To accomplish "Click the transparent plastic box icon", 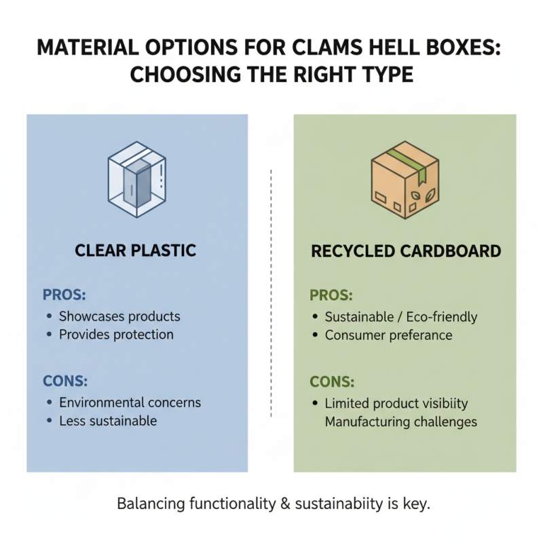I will [x=137, y=179].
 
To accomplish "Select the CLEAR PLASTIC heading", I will [x=136, y=251].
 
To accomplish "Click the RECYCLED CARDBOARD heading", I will [x=406, y=251].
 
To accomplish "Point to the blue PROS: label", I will [x=64, y=295].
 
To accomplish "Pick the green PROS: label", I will [x=331, y=295].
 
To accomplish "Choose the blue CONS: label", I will [x=65, y=381].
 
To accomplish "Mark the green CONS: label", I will [x=332, y=382].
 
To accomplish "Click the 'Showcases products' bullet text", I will [x=119, y=316].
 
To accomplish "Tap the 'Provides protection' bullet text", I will [x=116, y=335].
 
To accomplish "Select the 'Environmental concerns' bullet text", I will [x=130, y=402].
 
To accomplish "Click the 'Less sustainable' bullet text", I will [x=108, y=421].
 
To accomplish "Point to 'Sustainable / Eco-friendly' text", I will [x=401, y=317].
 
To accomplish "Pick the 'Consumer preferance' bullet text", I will [x=388, y=335].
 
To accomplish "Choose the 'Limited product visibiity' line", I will [x=396, y=403].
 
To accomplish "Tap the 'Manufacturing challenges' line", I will [x=400, y=422].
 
